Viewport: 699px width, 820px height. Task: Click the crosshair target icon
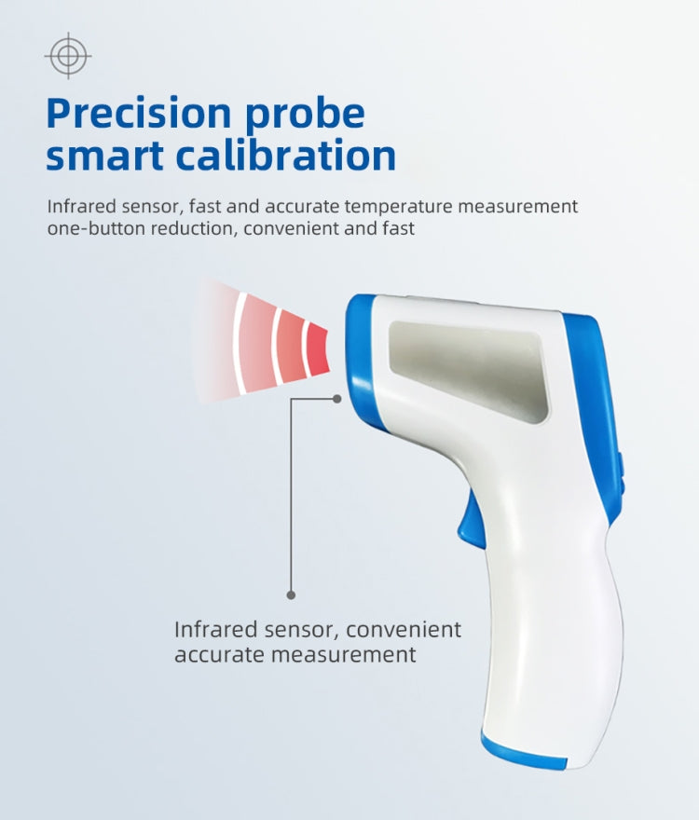(68, 56)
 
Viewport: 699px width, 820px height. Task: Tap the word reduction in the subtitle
(196, 228)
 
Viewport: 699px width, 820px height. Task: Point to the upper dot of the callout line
(337, 398)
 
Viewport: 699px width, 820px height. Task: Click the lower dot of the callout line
(291, 594)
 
